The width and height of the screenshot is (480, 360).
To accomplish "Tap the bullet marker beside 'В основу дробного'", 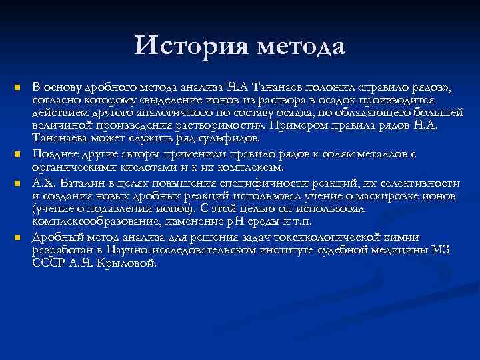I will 19,88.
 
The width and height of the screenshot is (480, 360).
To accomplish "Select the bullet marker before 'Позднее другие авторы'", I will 19,155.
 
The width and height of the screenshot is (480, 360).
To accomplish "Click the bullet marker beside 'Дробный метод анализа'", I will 19,237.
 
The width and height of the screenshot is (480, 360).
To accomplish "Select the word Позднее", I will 55,154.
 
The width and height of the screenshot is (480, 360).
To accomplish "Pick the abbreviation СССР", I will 47,263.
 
